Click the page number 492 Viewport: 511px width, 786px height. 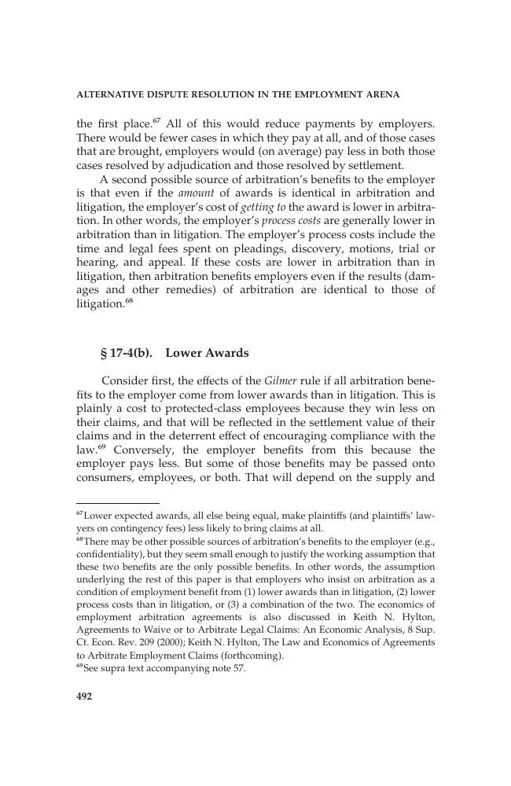tap(85, 696)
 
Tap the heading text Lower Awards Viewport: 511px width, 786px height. tap(207, 352)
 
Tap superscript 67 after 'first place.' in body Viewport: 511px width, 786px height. tap(156, 121)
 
